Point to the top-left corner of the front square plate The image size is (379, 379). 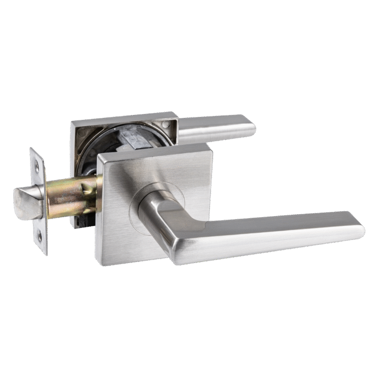pos(100,157)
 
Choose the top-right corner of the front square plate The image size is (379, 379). pos(211,146)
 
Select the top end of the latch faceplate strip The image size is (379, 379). pos(34,150)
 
